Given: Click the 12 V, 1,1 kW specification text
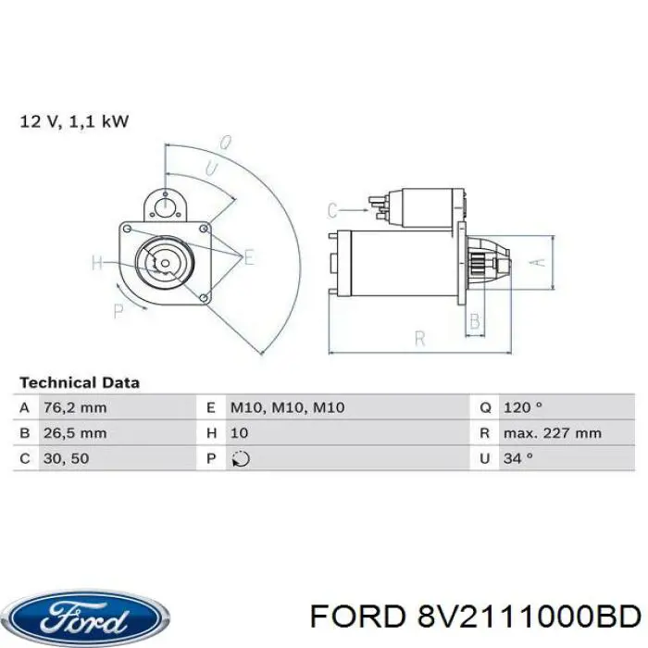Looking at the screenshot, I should (74, 120).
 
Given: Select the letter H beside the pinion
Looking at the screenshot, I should (98, 263).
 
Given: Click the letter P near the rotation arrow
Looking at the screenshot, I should (118, 311).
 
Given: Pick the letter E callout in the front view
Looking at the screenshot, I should (248, 257).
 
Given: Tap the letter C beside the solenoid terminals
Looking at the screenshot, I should (333, 210).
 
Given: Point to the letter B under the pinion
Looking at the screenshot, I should (475, 322).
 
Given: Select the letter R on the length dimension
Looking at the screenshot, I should (419, 339).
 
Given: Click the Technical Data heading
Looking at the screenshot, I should (80, 382).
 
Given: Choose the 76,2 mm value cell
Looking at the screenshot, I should (74, 407).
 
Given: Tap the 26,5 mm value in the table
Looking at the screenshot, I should (74, 432).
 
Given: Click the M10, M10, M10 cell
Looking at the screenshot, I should (287, 407).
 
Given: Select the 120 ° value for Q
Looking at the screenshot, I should (523, 407).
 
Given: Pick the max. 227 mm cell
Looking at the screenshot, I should (553, 432).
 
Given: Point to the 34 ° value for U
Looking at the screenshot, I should (518, 457).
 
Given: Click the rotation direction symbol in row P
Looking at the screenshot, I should (239, 457).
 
